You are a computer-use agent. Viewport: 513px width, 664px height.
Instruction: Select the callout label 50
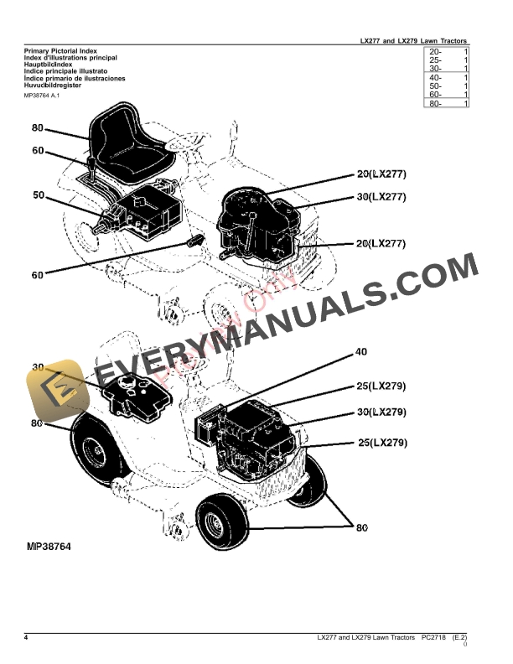38,195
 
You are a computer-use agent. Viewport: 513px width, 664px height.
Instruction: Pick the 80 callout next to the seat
38,128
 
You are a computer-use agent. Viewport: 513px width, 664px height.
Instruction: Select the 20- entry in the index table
435,52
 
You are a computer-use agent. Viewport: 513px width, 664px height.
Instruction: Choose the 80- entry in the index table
435,103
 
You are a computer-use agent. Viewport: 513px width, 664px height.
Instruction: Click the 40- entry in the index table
435,77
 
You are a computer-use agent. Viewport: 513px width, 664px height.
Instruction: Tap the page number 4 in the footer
26,638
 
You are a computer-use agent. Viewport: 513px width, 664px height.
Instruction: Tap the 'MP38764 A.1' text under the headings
43,96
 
